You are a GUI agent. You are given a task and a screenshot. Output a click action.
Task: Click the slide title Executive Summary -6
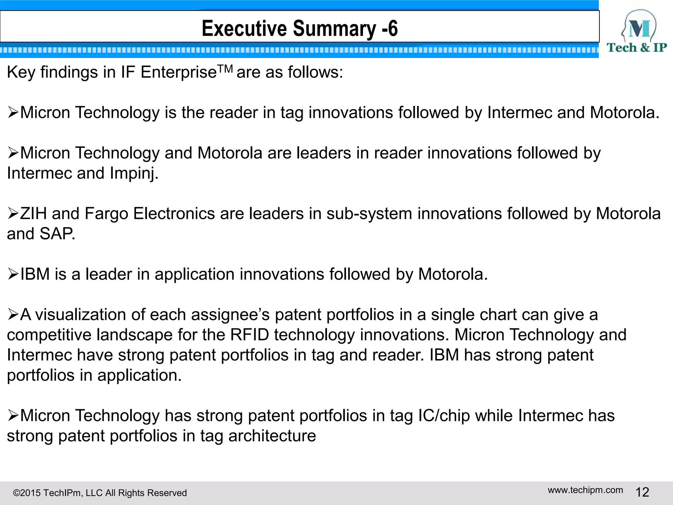click(x=299, y=28)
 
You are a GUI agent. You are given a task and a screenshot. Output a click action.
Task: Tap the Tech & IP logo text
click(x=637, y=48)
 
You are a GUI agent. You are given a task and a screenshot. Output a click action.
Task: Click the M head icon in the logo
click(x=639, y=26)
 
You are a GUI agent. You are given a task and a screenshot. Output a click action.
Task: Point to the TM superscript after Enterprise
click(x=225, y=69)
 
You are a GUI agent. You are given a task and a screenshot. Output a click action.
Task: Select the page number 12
click(x=642, y=492)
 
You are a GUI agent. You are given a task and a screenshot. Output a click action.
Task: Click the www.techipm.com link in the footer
click(x=585, y=490)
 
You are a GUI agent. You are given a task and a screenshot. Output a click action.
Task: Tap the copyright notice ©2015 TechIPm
click(x=100, y=493)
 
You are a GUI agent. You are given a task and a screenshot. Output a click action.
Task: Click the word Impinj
click(x=134, y=173)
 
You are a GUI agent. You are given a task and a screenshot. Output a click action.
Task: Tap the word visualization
click(x=81, y=315)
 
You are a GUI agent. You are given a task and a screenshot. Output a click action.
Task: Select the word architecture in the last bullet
click(x=272, y=436)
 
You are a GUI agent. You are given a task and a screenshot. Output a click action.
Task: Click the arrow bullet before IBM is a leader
click(x=13, y=274)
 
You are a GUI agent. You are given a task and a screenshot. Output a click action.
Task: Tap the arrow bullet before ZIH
click(x=13, y=214)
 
